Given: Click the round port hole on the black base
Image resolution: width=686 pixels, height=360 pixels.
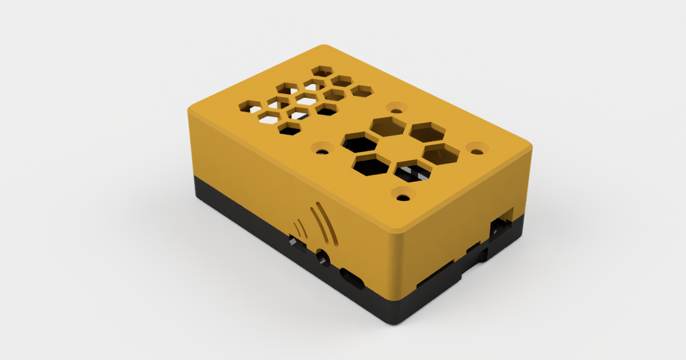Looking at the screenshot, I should coord(323,258).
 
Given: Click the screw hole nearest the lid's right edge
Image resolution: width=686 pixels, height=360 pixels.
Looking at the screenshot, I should coord(476,149).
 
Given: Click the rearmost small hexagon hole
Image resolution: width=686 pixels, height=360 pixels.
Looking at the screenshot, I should coord(324,71).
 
